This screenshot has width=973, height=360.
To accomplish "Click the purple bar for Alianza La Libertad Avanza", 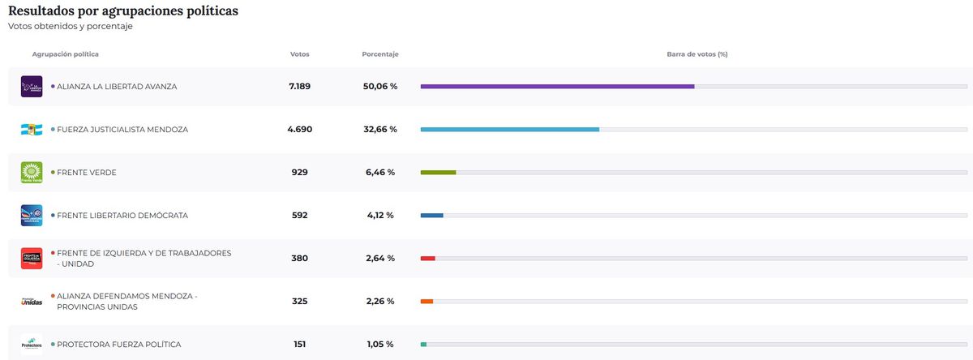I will [x=557, y=86].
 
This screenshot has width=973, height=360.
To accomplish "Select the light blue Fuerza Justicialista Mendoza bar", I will [x=509, y=129].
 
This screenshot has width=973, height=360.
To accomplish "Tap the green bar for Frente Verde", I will [x=438, y=172].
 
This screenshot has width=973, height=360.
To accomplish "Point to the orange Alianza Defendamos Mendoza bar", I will [x=426, y=302].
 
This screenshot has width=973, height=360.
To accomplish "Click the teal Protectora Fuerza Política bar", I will [x=423, y=345].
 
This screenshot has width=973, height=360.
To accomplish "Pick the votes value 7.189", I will [x=299, y=86].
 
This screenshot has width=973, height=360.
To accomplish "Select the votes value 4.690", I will [x=299, y=129].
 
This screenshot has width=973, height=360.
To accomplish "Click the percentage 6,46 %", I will [x=379, y=172].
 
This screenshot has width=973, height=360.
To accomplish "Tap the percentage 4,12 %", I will [x=379, y=216].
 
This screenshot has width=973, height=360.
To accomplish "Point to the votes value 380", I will [x=299, y=259].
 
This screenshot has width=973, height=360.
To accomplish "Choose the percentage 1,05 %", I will [x=379, y=345].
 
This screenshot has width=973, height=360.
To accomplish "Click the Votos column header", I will [x=299, y=54].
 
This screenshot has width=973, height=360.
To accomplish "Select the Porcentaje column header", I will [x=379, y=54].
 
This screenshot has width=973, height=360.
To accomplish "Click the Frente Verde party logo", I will [x=32, y=172].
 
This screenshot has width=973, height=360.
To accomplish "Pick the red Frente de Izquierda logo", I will [x=32, y=259].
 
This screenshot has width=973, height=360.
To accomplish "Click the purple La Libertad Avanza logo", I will [x=32, y=86].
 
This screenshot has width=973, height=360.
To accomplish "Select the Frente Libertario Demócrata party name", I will [x=122, y=216].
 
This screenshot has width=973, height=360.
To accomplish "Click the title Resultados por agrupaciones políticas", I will [x=122, y=11].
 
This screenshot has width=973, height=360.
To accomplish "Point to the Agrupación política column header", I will [x=66, y=54].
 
